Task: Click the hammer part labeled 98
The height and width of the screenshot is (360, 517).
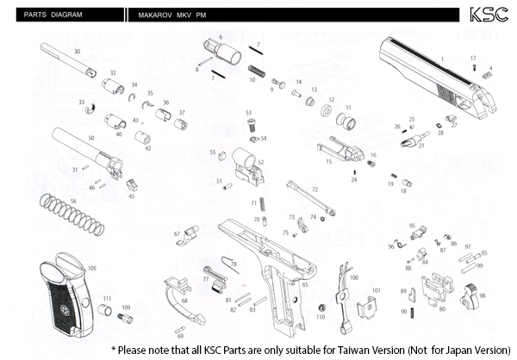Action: [x=471, y=294]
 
